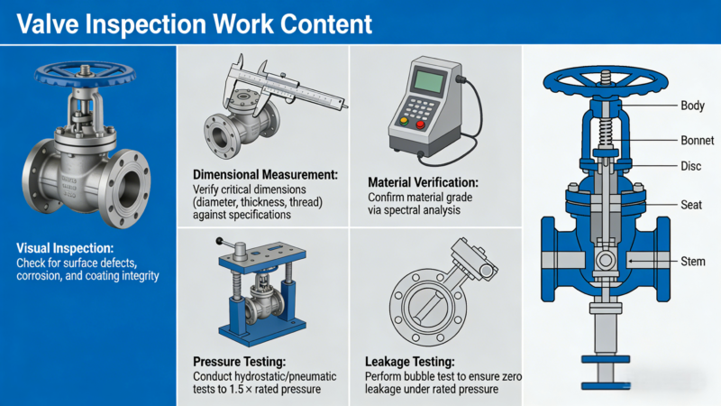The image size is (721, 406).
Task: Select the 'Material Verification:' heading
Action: click(x=432, y=181)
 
